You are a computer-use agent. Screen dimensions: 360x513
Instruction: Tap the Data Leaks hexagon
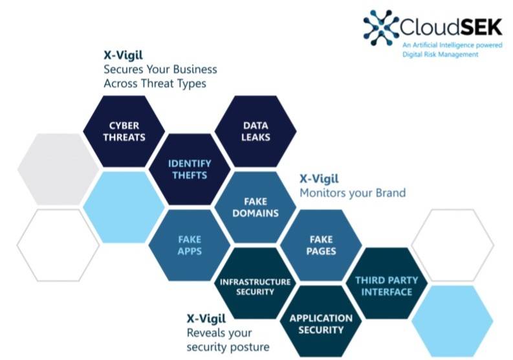[x=256, y=131]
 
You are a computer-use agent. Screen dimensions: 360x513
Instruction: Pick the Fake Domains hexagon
[x=256, y=207]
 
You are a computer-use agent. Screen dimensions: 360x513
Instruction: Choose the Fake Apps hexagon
[x=190, y=245]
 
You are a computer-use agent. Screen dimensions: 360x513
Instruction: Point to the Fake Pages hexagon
[x=322, y=245]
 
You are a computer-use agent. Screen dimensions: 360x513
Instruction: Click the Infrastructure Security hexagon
[x=256, y=286]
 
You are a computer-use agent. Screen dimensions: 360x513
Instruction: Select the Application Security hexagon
[x=321, y=324]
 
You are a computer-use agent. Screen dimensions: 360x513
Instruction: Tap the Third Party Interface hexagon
[x=387, y=286]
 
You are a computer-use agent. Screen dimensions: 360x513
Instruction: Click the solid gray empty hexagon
[x=57, y=170]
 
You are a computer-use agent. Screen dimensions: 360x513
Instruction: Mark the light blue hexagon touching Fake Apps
[x=124, y=207]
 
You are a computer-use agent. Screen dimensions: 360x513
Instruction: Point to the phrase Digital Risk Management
[x=440, y=54]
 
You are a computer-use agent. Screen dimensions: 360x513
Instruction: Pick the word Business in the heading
[x=188, y=69]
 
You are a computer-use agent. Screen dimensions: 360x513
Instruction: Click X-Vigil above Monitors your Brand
[x=319, y=179]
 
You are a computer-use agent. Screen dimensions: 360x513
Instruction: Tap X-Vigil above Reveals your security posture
[x=206, y=318]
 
